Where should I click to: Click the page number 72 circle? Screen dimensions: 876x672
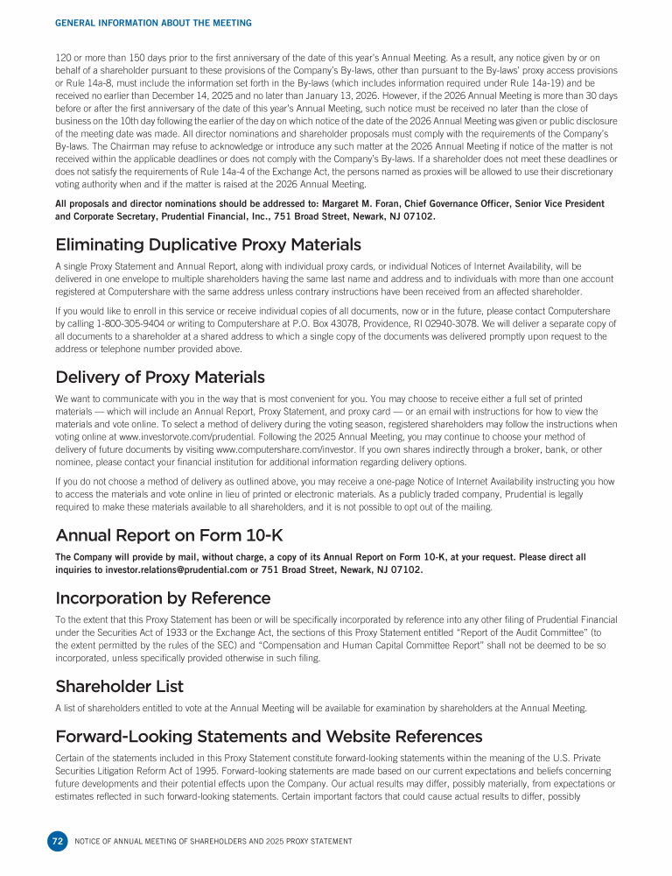[57, 841]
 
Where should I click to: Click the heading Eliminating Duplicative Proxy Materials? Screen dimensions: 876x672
[208, 244]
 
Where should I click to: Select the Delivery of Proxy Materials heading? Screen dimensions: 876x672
[160, 378]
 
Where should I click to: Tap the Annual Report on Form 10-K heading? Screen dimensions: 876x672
[169, 534]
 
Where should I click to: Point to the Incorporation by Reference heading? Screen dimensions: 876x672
[163, 598]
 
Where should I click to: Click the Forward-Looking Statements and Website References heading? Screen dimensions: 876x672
[269, 736]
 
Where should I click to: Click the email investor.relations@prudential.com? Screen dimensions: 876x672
[171, 569]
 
